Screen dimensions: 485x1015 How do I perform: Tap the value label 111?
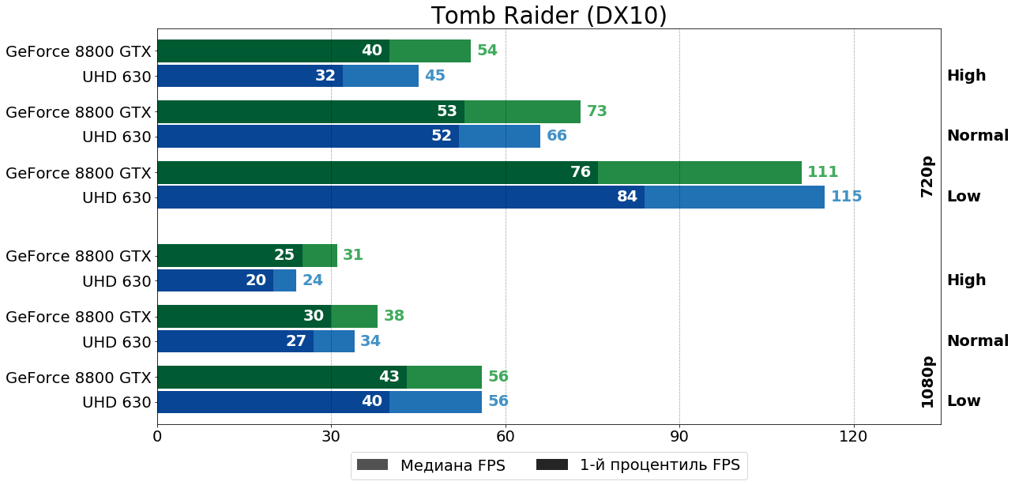[x=822, y=172]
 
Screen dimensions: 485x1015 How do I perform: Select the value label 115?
[x=846, y=197]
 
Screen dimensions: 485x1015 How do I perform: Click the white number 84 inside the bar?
[x=627, y=197]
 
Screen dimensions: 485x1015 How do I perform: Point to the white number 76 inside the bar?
[x=581, y=172]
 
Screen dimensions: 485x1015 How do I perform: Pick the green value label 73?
[x=596, y=111]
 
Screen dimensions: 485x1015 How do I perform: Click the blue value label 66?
[x=557, y=136]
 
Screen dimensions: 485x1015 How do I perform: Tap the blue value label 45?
[x=435, y=76]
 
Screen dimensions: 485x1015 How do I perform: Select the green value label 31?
[x=353, y=255]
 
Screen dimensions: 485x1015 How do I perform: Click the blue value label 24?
[x=313, y=280]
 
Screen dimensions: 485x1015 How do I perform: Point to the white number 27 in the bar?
[x=296, y=341]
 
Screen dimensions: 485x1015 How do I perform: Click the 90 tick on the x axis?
[x=679, y=436]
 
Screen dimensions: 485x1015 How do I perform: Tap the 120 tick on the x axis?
[x=854, y=436]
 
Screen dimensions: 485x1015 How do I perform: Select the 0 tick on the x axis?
[x=157, y=436]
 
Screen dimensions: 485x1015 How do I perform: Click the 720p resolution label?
[x=927, y=176]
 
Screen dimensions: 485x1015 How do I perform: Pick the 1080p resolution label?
[x=927, y=382]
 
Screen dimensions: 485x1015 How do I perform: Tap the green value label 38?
[x=394, y=316]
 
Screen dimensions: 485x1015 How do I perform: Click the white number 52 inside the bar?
[x=442, y=136]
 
